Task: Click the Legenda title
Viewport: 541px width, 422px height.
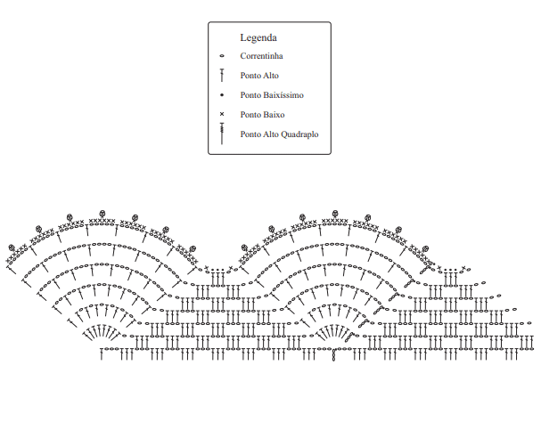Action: coord(258,38)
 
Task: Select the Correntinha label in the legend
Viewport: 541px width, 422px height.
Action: coord(261,56)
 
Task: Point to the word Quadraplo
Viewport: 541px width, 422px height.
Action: coord(300,134)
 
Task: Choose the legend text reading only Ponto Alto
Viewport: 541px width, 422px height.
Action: coord(258,76)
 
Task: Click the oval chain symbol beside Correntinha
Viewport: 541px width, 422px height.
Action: coord(221,56)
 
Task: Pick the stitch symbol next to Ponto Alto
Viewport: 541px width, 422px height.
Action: coord(221,77)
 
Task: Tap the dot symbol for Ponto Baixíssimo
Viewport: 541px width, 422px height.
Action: coord(221,95)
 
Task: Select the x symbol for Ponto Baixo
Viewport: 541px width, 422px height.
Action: coord(221,115)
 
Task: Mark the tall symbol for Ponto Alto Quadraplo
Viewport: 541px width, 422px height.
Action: coord(221,134)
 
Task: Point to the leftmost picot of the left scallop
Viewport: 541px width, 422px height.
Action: coord(12,248)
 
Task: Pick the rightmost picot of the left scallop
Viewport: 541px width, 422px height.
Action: coord(191,249)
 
